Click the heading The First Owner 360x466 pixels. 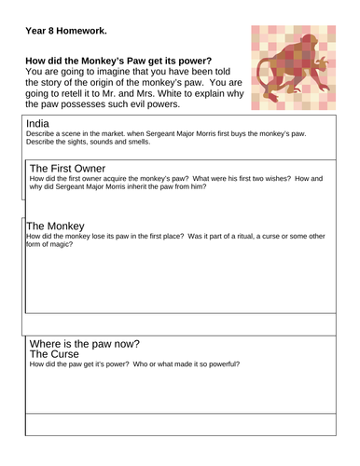tap(70, 167)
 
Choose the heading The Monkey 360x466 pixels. tap(61, 225)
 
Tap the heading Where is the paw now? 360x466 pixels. tap(91, 342)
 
